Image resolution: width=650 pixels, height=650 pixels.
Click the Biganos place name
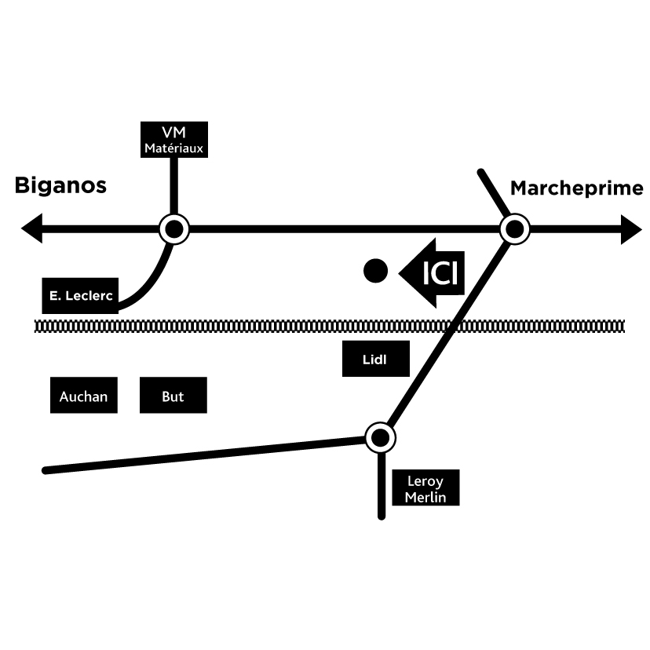point(60,186)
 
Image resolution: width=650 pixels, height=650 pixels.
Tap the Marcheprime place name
point(576,188)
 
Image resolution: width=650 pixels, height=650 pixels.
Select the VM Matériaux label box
point(173,140)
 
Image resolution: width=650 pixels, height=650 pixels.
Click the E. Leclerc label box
point(79,296)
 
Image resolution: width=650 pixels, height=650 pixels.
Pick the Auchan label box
point(83,396)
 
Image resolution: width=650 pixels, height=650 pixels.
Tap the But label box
point(173,396)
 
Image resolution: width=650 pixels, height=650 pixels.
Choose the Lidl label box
point(375,360)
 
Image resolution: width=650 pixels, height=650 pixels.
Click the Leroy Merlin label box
point(425,488)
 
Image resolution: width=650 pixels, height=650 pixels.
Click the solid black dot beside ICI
point(376,271)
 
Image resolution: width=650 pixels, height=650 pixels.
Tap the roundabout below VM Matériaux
point(174,229)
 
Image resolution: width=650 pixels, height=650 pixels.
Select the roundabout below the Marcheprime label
point(515,229)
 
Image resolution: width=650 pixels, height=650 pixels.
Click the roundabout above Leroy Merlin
point(381,436)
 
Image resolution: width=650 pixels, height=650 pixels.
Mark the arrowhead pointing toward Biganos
point(32,229)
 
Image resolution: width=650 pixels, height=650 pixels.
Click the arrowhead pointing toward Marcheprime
point(632,230)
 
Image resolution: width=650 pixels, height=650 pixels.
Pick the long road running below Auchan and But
point(204,456)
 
